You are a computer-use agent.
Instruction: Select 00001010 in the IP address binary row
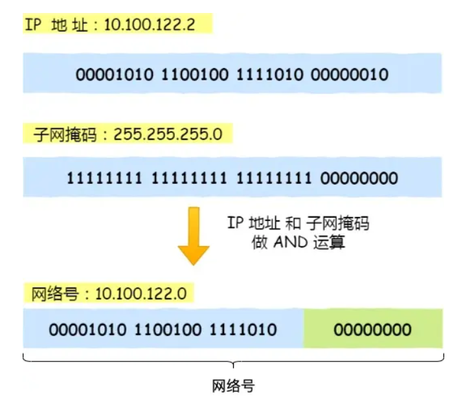pyautogui.click(x=115, y=74)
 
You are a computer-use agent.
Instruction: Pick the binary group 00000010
pyautogui.click(x=350, y=74)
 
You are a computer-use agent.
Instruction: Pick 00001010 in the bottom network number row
pyautogui.click(x=87, y=330)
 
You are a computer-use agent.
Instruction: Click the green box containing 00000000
pyautogui.click(x=373, y=330)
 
